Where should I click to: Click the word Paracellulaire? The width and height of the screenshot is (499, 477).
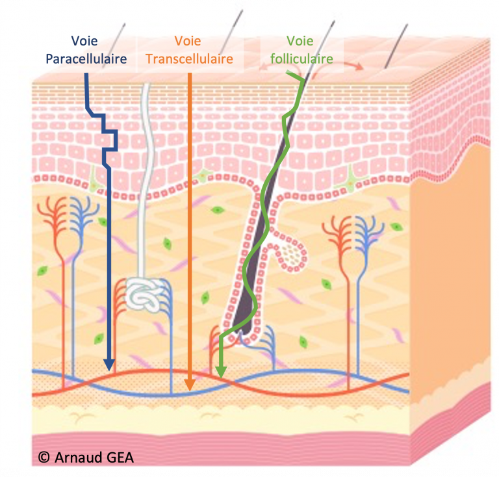(86, 58)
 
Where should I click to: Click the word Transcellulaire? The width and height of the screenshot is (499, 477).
(189, 58)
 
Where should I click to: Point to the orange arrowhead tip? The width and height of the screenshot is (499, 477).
(189, 390)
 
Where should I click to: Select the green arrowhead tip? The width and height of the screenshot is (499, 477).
(221, 376)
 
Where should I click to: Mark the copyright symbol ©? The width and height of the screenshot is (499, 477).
(44, 457)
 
